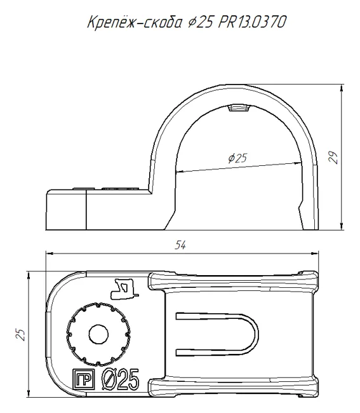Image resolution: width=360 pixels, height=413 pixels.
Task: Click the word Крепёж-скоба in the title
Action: pyautogui.click(x=134, y=22)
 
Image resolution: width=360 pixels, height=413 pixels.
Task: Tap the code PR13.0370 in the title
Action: pyautogui.click(x=252, y=22)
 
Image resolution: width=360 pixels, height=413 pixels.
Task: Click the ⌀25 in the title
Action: pyautogui.click(x=201, y=22)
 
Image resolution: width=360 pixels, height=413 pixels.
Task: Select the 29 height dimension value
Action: pyautogui.click(x=334, y=158)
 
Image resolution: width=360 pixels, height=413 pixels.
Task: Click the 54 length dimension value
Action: pyautogui.click(x=180, y=245)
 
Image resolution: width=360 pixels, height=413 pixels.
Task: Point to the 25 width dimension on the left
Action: pyautogui.click(x=20, y=334)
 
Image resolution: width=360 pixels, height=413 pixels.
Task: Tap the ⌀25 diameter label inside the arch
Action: pyautogui.click(x=238, y=158)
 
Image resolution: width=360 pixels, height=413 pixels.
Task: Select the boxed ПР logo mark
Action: pyautogui.click(x=83, y=379)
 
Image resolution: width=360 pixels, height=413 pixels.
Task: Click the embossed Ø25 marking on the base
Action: pyautogui.click(x=121, y=379)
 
